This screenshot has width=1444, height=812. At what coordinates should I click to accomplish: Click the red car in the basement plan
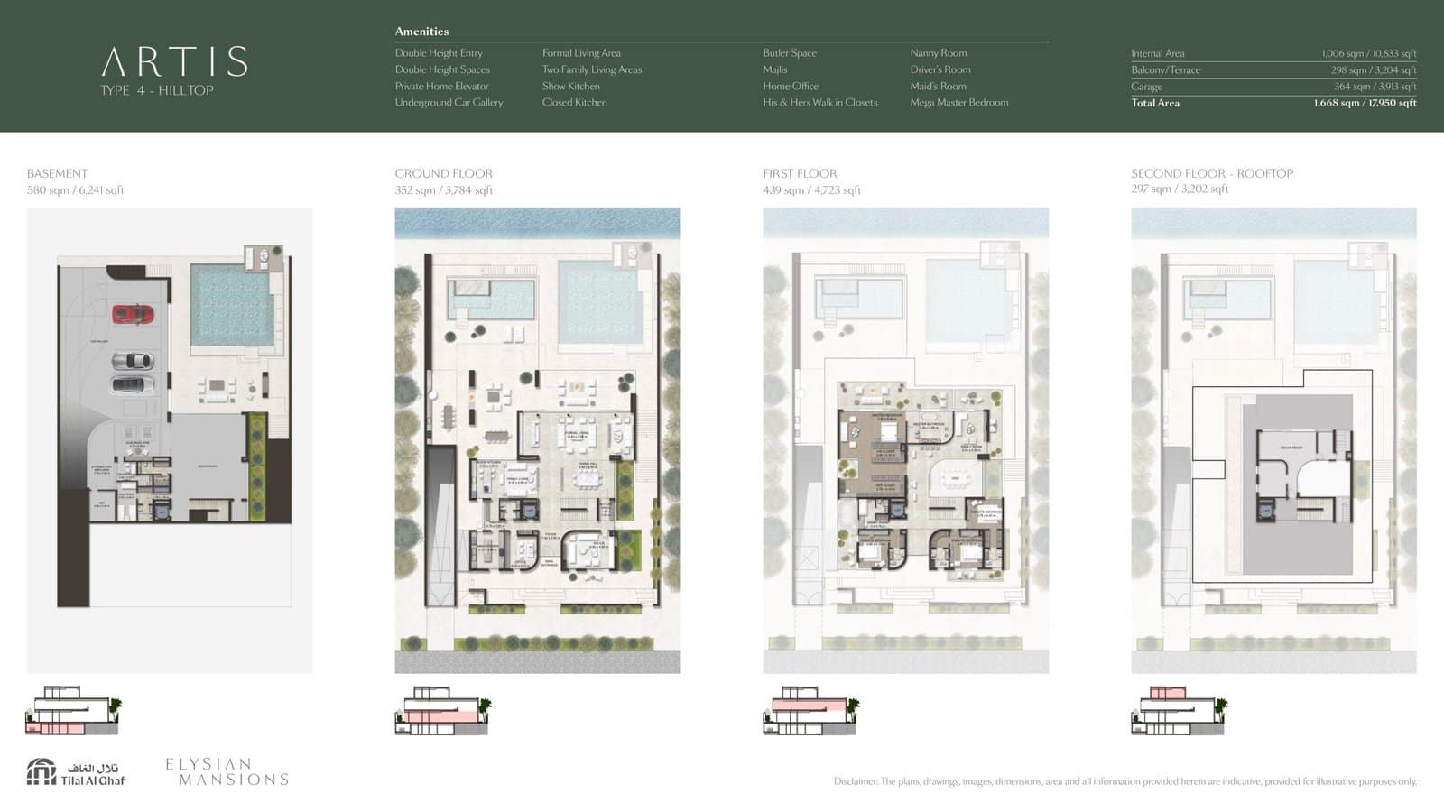coord(133,314)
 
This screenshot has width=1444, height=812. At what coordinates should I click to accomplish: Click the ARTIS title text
coord(174,62)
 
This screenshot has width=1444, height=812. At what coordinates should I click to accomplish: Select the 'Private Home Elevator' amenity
coord(441,87)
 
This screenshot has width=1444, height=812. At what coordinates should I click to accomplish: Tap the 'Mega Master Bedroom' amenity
coord(958,103)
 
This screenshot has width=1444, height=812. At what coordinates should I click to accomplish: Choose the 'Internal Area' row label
coord(1157,53)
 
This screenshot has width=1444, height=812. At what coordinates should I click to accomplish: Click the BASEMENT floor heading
coord(57,173)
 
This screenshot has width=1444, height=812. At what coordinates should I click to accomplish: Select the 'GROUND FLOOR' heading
coord(443,173)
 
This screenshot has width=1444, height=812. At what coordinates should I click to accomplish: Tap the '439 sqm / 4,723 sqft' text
coord(811,190)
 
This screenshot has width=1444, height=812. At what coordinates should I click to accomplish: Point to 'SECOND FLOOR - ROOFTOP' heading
coord(1211,173)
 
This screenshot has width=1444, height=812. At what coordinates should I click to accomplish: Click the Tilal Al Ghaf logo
coord(76,772)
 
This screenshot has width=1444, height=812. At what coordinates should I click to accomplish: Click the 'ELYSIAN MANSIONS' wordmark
coord(227,771)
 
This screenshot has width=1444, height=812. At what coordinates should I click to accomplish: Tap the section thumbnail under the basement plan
coord(73,711)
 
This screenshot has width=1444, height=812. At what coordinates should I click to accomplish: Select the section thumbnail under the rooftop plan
coord(1179,711)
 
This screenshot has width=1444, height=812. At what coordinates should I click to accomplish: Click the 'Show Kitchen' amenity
coord(570,87)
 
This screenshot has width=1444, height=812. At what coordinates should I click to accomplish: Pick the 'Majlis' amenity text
coord(774,69)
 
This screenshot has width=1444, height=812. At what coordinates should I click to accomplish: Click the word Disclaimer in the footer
coord(854,781)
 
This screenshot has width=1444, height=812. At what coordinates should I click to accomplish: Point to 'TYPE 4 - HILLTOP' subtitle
coord(157,90)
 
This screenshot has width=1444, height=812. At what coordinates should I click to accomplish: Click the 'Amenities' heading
coord(421,32)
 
